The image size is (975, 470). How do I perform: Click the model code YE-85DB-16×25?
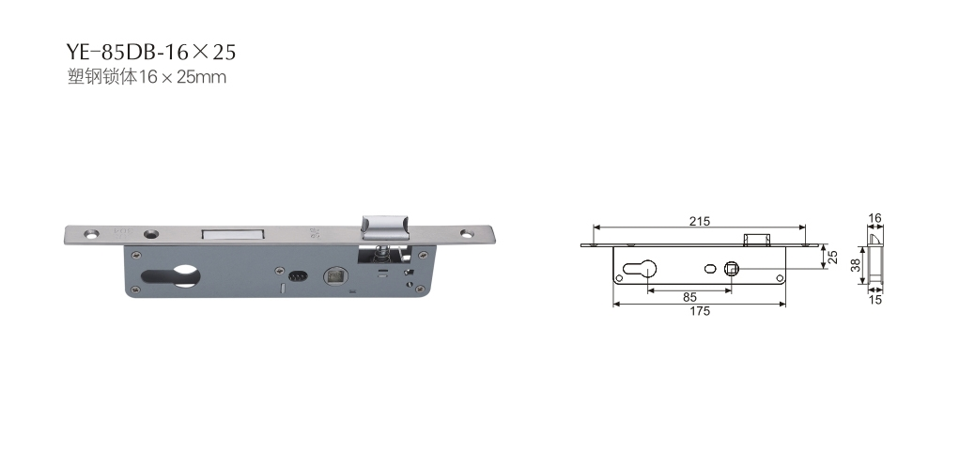[x=151, y=53]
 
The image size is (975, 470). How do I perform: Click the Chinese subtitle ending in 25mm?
[x=147, y=78]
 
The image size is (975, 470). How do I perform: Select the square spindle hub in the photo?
[x=336, y=275]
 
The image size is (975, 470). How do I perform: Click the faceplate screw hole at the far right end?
[x=467, y=234]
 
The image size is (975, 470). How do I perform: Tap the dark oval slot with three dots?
[x=299, y=274]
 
